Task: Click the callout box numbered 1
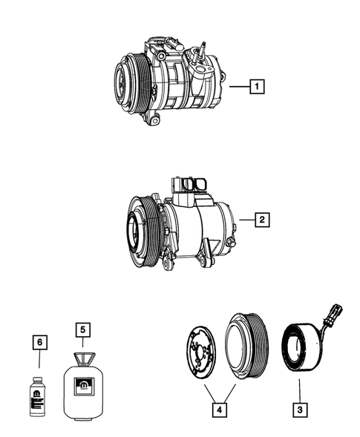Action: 256,88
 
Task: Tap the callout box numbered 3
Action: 299,409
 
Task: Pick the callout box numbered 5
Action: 84,329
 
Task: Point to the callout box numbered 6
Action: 41,342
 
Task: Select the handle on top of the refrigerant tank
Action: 84,355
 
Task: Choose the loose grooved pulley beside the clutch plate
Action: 244,344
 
